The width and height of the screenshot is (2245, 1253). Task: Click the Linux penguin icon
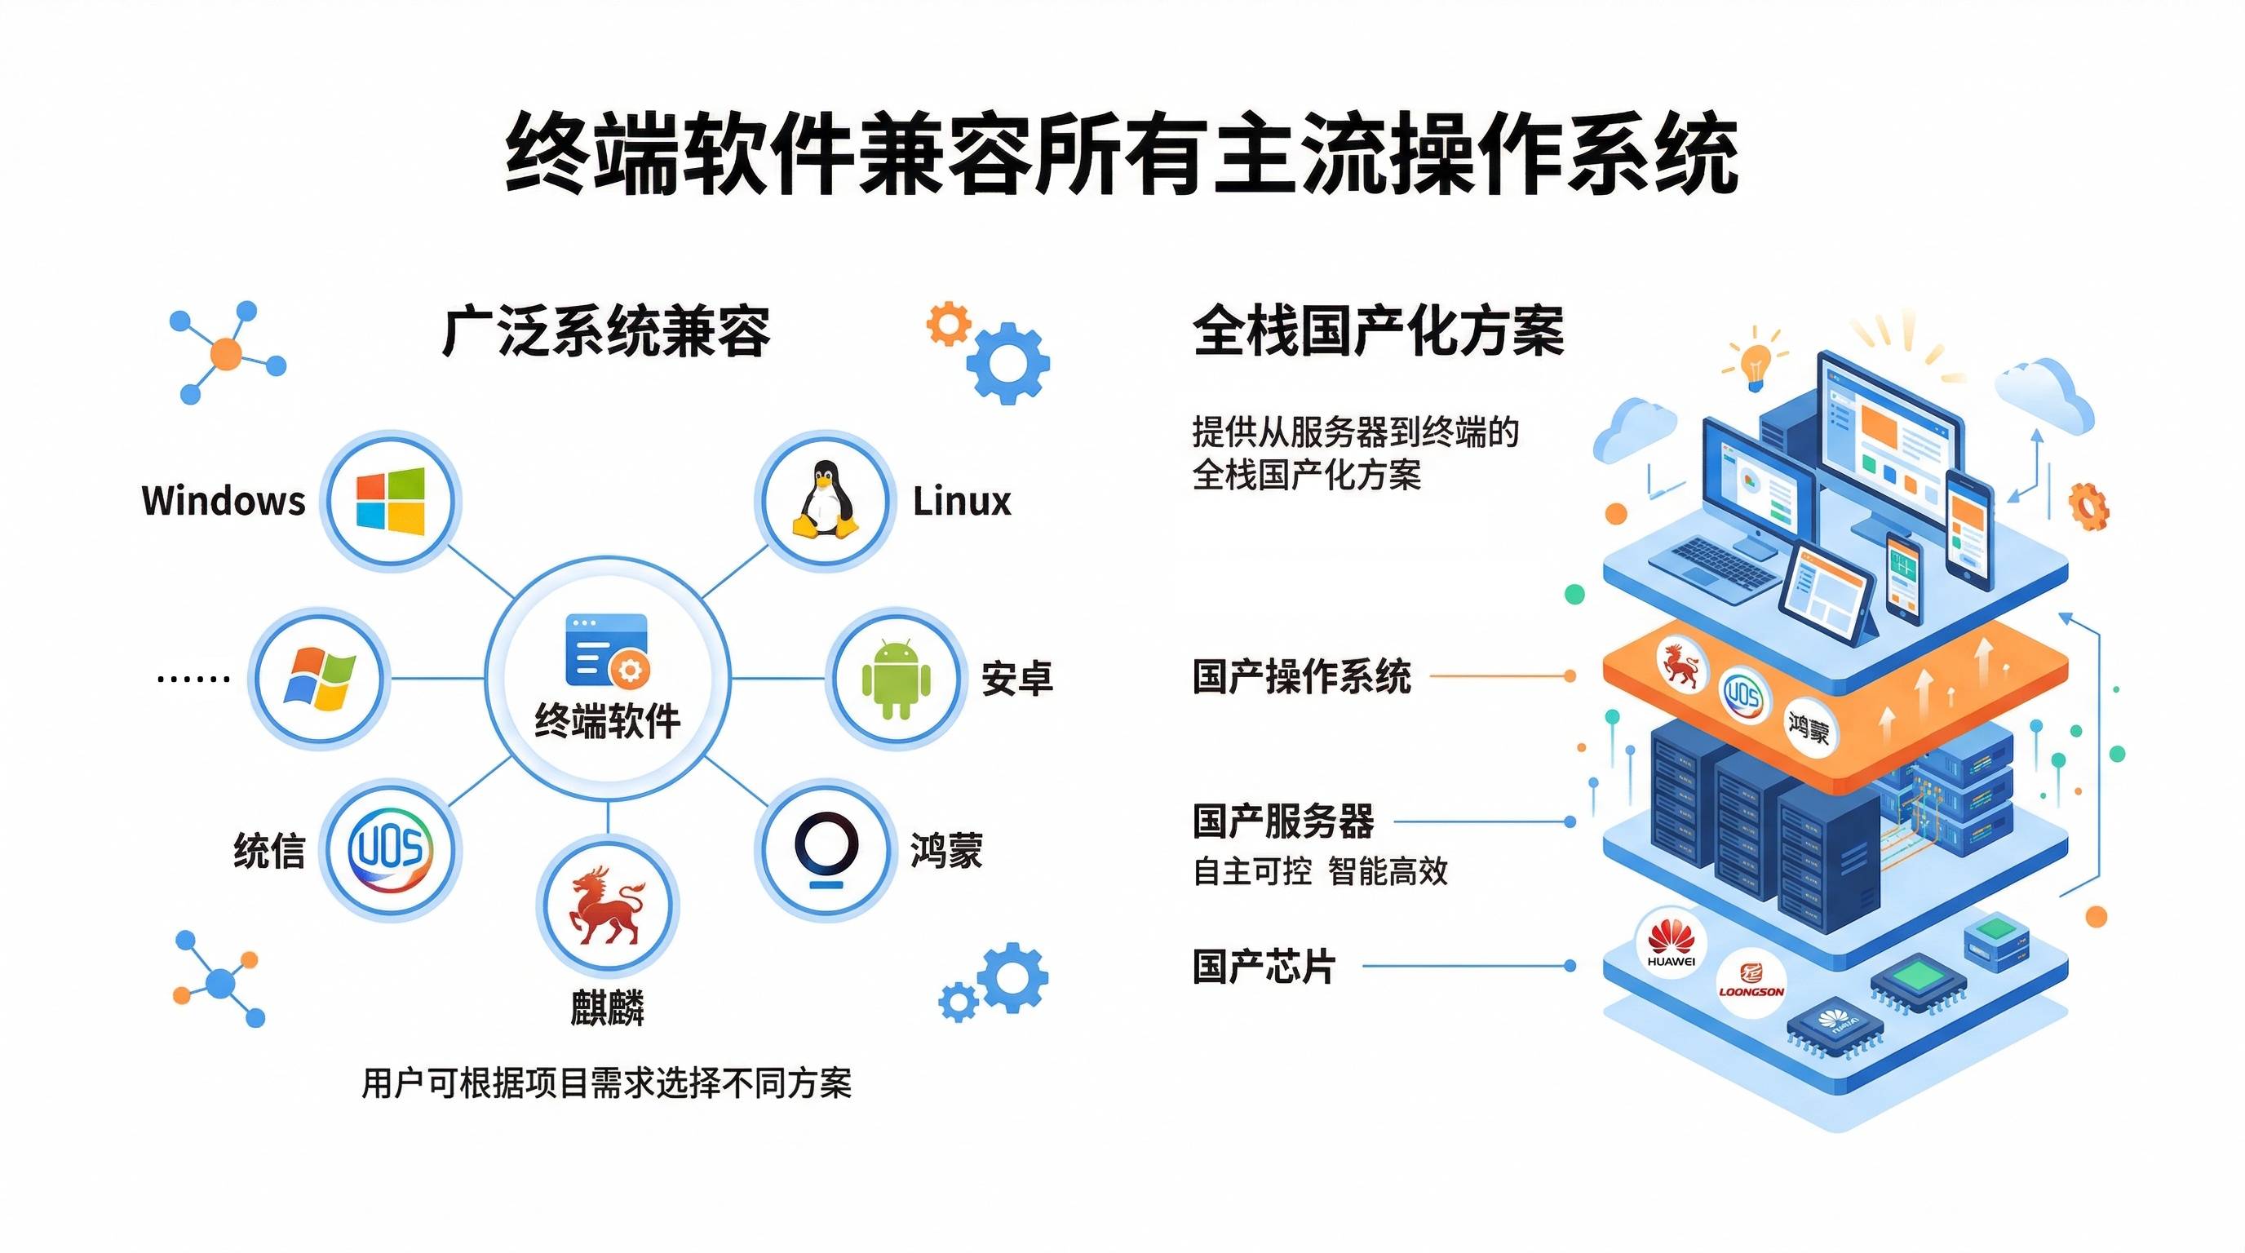[x=825, y=499]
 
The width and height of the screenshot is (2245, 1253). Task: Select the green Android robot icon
[x=896, y=679]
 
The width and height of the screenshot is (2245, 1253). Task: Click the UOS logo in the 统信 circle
[x=391, y=848]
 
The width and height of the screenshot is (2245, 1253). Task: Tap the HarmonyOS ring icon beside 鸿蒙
[x=826, y=848]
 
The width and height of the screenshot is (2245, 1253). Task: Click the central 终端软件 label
[x=608, y=721]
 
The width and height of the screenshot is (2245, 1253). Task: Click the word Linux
[x=961, y=502]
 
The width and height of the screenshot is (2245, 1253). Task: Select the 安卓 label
[x=1017, y=679]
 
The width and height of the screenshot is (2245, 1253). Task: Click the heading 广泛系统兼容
[x=607, y=332]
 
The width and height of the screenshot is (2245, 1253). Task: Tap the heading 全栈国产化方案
[x=1378, y=332]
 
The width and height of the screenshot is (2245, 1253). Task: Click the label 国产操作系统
[x=1301, y=677]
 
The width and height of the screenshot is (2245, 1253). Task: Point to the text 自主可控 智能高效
[x=1319, y=871]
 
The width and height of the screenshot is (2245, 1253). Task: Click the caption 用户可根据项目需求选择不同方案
[x=607, y=1084]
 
